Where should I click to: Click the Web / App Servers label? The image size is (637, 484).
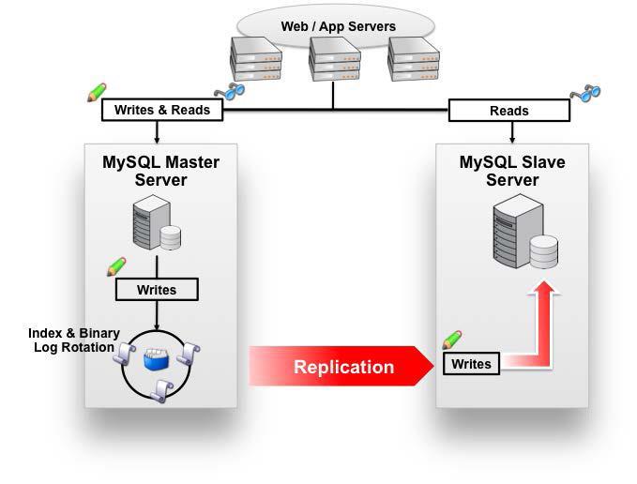tap(338, 26)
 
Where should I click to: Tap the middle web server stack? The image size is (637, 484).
tap(335, 59)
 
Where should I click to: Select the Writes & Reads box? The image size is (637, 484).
tap(162, 110)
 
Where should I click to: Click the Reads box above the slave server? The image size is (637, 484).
tap(509, 111)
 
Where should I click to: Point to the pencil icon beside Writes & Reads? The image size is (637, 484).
tap(97, 92)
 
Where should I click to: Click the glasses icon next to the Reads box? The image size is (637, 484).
tap(585, 93)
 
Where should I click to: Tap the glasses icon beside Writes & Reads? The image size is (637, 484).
tap(230, 91)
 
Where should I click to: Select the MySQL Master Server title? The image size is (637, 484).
tap(160, 171)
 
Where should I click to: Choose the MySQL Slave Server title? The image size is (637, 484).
tap(512, 171)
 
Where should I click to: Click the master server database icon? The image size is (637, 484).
tap(157, 222)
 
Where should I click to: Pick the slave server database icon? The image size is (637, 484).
tap(525, 232)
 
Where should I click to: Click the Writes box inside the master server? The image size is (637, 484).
tap(157, 290)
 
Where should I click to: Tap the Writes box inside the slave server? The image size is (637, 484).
tap(471, 364)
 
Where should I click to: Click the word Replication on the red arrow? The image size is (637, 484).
tap(343, 367)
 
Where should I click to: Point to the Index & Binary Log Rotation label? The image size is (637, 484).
tap(73, 340)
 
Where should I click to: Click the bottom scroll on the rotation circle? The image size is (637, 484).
tap(161, 391)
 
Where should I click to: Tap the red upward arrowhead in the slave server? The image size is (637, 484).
tap(544, 288)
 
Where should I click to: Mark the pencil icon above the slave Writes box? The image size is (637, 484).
tap(452, 340)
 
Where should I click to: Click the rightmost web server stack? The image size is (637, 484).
tap(414, 59)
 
